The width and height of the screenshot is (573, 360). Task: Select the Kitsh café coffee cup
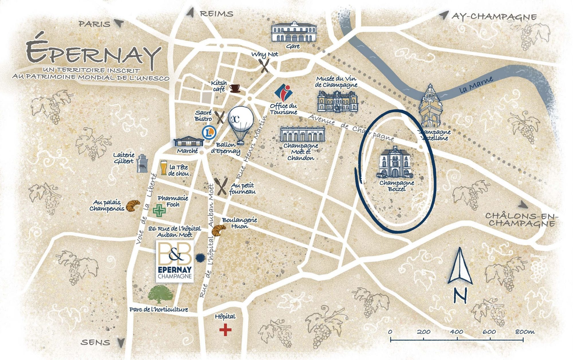point(235,88)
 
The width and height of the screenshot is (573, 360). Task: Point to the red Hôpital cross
point(225,330)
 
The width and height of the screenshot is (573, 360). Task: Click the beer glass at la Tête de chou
point(164,168)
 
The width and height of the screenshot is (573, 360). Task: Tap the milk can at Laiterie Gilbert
point(142,164)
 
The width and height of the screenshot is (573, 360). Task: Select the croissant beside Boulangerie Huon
point(219,230)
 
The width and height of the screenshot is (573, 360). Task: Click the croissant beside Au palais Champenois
point(133,205)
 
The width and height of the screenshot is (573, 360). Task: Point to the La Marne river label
point(476,85)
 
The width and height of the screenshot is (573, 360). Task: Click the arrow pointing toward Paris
point(119,23)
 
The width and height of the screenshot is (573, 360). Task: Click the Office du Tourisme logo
point(283,92)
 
